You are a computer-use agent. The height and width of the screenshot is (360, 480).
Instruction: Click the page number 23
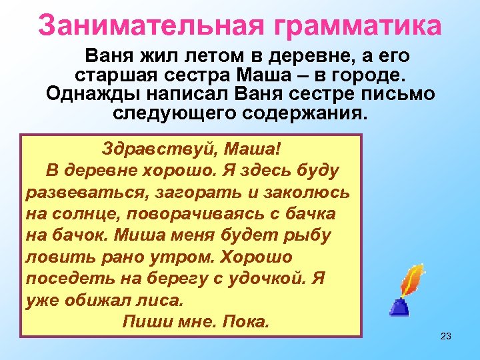tap(446, 336)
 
